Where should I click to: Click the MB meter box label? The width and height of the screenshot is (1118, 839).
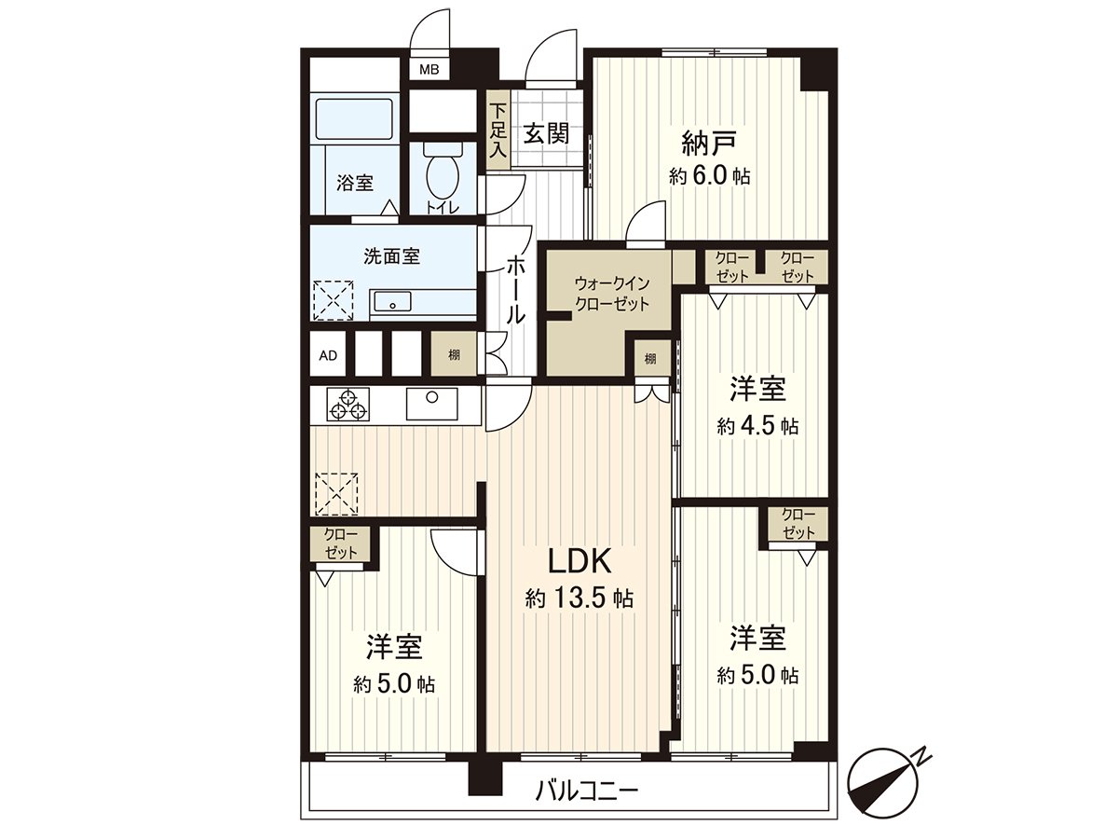(429, 70)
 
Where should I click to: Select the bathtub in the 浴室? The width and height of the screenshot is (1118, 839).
(355, 118)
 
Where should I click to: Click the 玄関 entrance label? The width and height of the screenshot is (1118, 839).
(547, 134)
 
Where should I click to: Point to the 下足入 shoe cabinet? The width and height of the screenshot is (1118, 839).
(498, 131)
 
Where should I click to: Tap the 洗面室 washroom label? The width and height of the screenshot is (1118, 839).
(391, 255)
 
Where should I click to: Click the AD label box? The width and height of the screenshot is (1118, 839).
(328, 355)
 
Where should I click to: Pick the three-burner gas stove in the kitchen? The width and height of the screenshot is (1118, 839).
(348, 404)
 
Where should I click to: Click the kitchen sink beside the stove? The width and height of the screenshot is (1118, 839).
(431, 404)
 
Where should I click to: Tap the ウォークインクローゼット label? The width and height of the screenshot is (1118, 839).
(612, 294)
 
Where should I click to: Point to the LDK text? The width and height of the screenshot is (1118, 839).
(579, 562)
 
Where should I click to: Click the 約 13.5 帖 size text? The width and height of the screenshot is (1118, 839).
(579, 598)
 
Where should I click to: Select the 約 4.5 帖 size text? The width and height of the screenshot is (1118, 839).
(757, 425)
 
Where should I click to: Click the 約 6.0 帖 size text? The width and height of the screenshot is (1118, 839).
(709, 177)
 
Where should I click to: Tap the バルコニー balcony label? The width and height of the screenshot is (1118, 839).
(587, 791)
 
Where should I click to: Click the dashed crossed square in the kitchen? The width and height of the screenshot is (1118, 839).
(336, 494)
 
